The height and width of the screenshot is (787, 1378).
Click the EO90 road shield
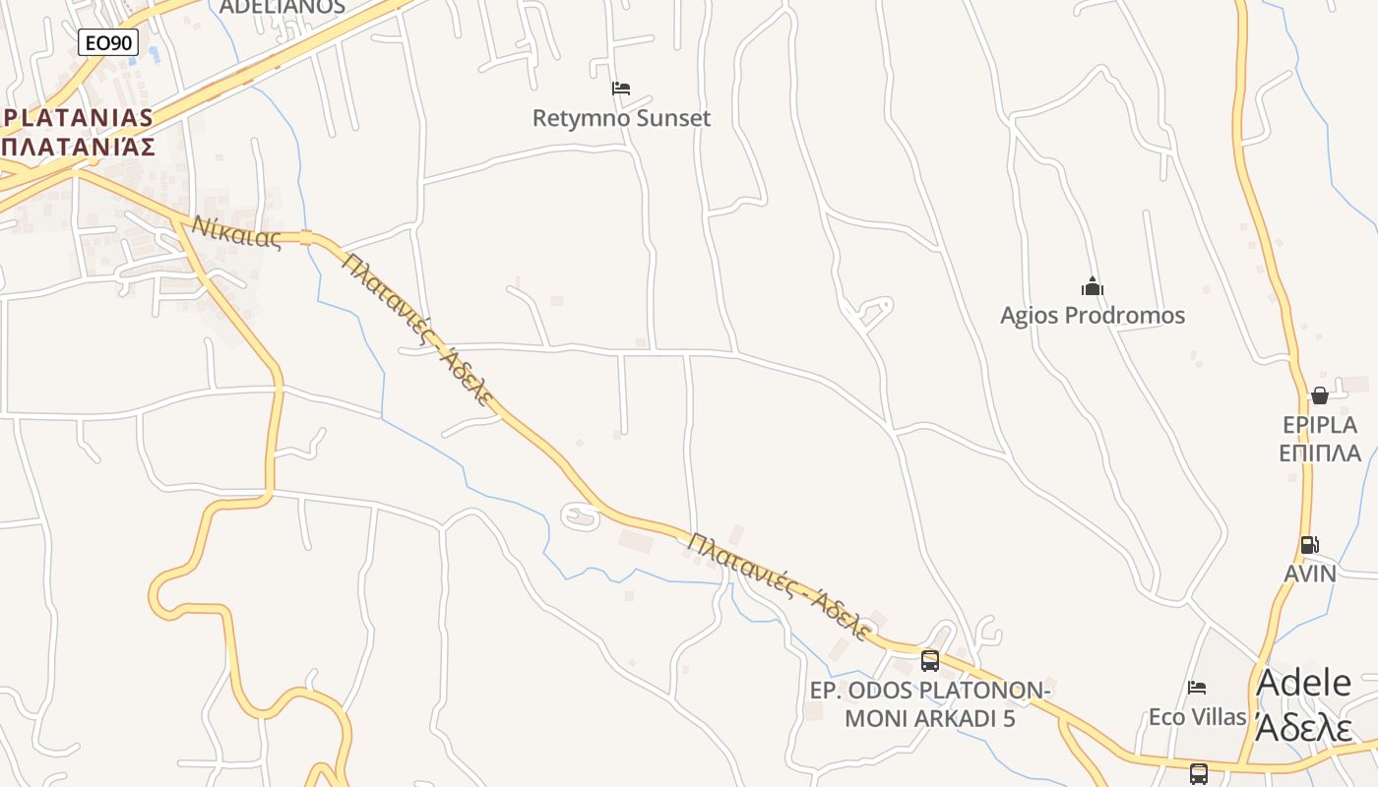pyautogui.click(x=108, y=41)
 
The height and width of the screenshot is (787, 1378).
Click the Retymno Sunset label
pyautogui.click(x=621, y=119)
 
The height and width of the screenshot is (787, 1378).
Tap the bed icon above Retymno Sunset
pyautogui.click(x=620, y=89)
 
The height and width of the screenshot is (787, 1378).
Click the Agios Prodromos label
pyautogui.click(x=1093, y=316)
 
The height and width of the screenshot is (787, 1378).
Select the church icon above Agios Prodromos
pyautogui.click(x=1093, y=287)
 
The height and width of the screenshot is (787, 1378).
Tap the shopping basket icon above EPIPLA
pyautogui.click(x=1319, y=395)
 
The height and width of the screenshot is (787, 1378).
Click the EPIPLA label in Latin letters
pyautogui.click(x=1320, y=425)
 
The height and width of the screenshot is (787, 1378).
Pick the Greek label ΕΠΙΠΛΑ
pyautogui.click(x=1320, y=454)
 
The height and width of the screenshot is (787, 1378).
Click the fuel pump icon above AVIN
pyautogui.click(x=1309, y=545)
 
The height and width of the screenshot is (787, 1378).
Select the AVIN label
pyautogui.click(x=1310, y=574)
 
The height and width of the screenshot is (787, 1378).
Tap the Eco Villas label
pyautogui.click(x=1197, y=717)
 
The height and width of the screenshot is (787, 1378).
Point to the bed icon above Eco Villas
pyautogui.click(x=1197, y=688)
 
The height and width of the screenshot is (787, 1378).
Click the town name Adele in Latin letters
pyautogui.click(x=1304, y=683)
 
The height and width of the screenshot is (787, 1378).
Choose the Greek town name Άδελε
pyautogui.click(x=1304, y=728)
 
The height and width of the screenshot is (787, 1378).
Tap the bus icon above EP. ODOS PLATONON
pyautogui.click(x=929, y=660)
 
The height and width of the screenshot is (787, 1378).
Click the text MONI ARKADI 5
pyautogui.click(x=930, y=719)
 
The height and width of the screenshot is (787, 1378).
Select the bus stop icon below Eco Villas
pyautogui.click(x=1198, y=773)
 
